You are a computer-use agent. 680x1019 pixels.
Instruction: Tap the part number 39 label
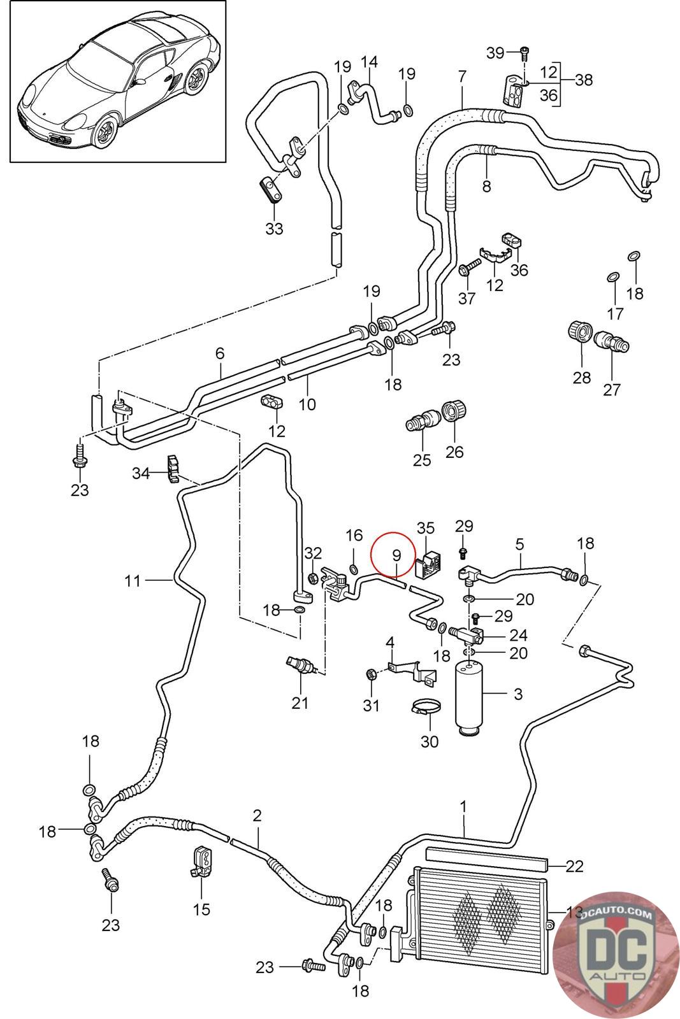click(495, 53)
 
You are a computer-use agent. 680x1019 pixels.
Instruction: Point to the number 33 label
click(274, 228)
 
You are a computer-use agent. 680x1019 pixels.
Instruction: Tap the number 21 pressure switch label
click(300, 702)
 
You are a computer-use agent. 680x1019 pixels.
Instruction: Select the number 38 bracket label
click(583, 80)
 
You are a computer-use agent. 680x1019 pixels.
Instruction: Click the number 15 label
click(201, 909)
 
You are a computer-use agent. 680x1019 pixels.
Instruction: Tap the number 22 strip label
click(574, 866)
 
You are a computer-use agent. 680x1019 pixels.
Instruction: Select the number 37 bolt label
click(467, 297)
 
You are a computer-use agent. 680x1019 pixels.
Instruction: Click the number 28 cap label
click(581, 378)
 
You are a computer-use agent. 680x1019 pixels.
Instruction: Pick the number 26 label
click(454, 452)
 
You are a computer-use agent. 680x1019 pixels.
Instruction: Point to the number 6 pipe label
click(221, 352)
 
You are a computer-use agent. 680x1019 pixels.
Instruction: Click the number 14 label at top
click(369, 62)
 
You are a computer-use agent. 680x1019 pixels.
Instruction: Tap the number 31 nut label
click(371, 705)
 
